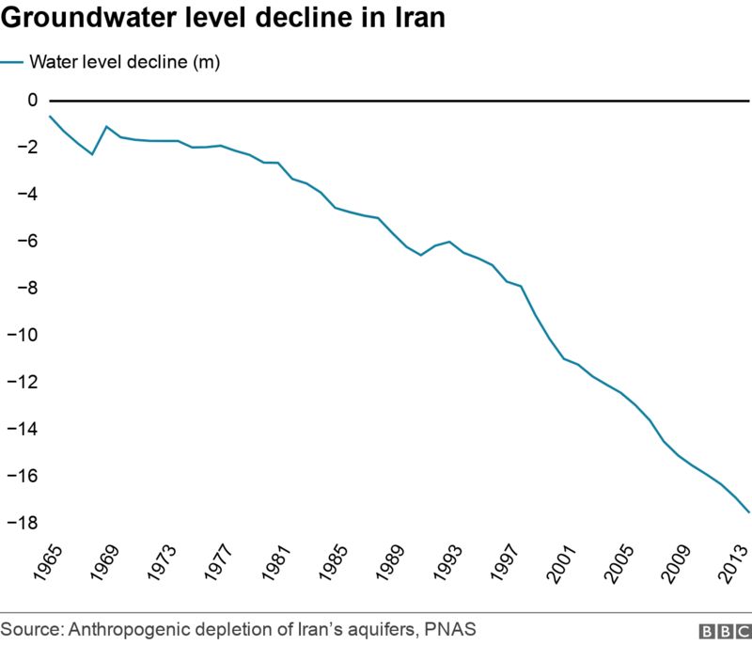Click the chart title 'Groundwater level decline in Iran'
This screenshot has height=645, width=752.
223,19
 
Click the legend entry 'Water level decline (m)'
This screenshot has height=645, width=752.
124,63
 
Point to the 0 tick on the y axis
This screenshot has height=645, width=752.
33,100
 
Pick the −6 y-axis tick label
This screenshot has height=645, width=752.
27,241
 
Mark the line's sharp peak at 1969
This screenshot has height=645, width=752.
106,126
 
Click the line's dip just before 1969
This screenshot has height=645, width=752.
92,153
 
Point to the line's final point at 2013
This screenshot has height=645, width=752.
749,512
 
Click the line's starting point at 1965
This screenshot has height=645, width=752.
50,116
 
